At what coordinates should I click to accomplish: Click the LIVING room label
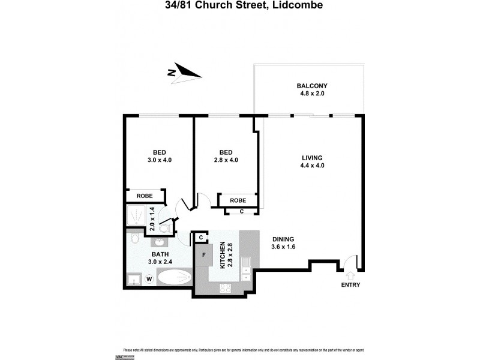point(312,158)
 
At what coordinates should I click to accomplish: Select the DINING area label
point(283,238)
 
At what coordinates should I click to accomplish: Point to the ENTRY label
point(350,285)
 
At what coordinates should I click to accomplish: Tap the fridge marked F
point(204,254)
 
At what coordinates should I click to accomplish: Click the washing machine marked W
point(149,279)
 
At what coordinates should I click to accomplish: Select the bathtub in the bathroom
point(175,278)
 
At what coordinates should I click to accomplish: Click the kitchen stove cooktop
point(226,288)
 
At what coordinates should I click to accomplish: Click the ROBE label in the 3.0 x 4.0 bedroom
point(144,196)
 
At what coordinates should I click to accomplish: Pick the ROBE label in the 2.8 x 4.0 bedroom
point(239,200)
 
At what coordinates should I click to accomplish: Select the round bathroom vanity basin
point(160,242)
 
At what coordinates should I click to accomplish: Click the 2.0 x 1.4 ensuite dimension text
point(152,219)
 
